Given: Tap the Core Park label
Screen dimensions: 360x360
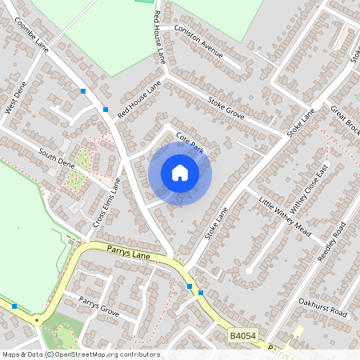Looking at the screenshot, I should [190, 142].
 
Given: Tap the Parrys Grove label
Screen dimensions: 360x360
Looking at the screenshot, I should [98, 306].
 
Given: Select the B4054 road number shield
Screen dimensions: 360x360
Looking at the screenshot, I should [242, 338].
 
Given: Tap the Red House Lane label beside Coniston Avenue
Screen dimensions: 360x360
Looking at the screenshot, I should [159, 38].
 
